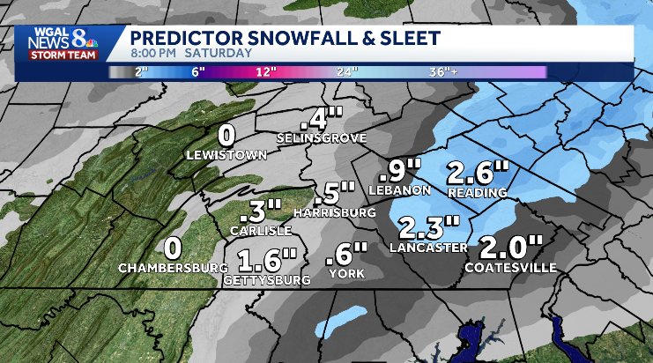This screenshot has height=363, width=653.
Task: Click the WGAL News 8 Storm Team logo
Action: [x=62, y=43]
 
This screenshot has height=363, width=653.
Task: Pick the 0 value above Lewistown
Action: [x=226, y=136]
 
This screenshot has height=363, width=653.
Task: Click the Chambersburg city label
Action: [x=172, y=267]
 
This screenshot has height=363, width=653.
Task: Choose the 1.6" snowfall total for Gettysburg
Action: [x=266, y=260]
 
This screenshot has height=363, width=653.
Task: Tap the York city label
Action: [x=347, y=275]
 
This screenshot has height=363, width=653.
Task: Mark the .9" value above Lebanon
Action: [x=404, y=169]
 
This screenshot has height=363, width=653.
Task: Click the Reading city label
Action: [x=478, y=192]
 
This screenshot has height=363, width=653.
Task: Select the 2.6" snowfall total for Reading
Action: [x=478, y=171]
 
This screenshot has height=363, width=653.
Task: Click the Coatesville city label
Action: [x=510, y=267]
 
